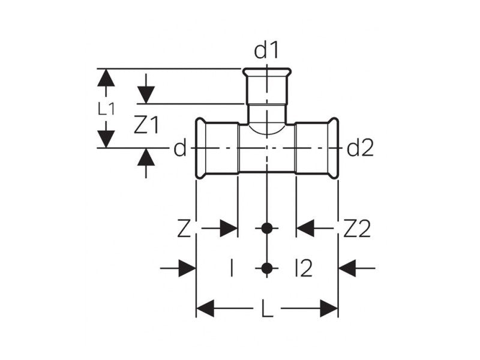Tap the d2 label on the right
tap(360, 148)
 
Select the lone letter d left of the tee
tap(180, 148)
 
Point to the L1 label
tap(106, 109)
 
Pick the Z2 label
tap(357, 229)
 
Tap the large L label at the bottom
tap(267, 310)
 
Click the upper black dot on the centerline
tap(267, 228)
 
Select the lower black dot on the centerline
tap(267, 268)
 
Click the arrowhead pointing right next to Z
tap(229, 228)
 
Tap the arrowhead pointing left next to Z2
tap(306, 228)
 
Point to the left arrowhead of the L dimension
tap(206, 309)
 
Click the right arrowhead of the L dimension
tap(329, 309)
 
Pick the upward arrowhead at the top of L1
tap(106, 77)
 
